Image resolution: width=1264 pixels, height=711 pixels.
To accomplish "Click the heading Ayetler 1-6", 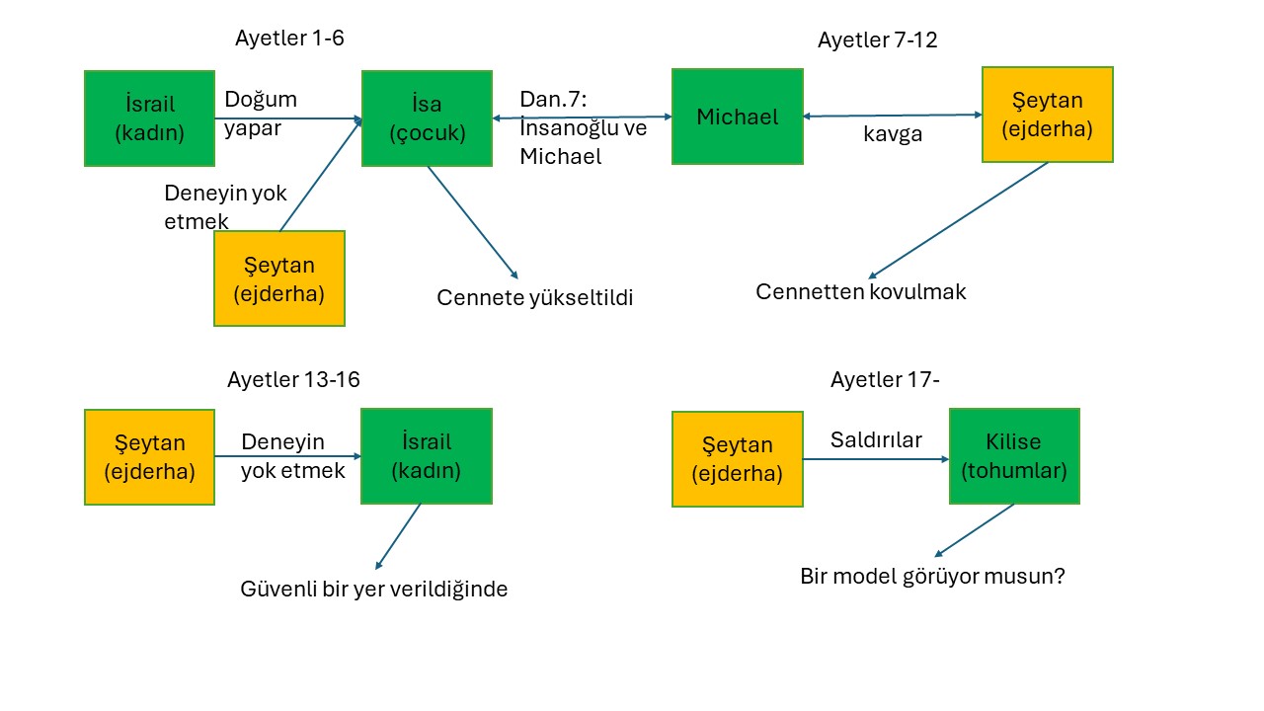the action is point(289,39).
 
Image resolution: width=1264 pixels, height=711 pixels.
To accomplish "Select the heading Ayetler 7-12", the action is point(878,40).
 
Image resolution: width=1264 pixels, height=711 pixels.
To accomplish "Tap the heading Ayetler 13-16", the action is point(293,380).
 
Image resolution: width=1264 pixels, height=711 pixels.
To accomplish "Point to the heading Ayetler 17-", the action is point(885,380).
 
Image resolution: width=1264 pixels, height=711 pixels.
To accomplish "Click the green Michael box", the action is point(738,117).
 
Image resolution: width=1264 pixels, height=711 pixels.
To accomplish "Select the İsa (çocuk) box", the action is point(427,118).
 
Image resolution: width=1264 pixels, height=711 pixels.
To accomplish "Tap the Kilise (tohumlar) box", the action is point(1014,456).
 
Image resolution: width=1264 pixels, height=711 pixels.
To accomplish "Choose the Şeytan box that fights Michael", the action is point(1048,115).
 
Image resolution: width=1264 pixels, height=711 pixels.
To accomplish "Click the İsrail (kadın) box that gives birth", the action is point(149,118).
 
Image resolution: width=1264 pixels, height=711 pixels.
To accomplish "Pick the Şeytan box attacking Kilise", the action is point(738,459).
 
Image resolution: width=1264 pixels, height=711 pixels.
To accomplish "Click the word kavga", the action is point(893,134).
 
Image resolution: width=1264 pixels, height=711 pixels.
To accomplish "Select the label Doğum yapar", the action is point(261,114).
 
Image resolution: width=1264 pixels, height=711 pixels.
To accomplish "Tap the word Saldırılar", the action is point(876,440).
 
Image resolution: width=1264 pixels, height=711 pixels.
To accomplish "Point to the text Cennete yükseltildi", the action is point(535,298).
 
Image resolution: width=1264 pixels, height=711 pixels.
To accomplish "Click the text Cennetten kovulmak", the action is point(860,292).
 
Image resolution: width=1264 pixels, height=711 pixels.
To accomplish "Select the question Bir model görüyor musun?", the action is point(932,576).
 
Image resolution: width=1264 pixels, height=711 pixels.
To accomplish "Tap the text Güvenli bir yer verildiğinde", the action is point(373,590).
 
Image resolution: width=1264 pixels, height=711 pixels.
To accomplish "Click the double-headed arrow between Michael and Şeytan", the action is point(893,116).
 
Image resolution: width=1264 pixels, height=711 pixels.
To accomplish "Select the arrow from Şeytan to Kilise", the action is point(876,459).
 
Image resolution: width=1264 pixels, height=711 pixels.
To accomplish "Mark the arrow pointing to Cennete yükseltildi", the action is point(473,222).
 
